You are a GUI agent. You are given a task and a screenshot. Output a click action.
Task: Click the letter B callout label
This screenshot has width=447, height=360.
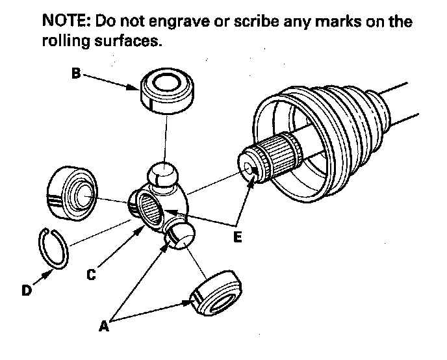click(x=76, y=74)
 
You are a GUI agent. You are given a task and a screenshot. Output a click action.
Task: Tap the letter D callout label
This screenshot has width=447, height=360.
click(x=26, y=290)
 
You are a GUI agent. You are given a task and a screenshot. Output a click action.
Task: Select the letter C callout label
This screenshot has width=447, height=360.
click(x=91, y=275)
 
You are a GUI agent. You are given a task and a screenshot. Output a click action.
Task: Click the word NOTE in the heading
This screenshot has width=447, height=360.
click(x=65, y=21)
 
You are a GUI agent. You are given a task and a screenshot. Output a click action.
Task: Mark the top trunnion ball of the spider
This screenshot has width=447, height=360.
click(x=164, y=176)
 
